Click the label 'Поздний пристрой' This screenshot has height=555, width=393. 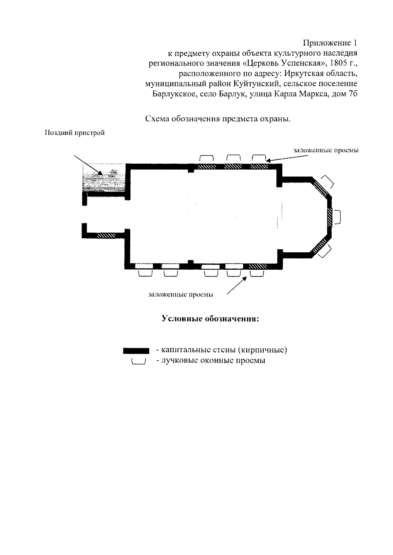[x=75, y=133]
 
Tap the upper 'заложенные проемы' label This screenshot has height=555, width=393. [x=326, y=150]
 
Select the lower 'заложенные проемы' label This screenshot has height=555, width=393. [x=181, y=295]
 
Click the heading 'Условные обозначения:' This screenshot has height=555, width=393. [x=211, y=318]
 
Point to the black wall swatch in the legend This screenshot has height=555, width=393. [x=136, y=351]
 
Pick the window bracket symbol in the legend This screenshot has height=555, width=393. [x=138, y=362]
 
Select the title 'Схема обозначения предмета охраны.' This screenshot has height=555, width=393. [x=218, y=119]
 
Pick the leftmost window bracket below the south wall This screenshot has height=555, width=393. [x=145, y=274]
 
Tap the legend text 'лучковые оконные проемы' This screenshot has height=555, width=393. [x=211, y=361]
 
